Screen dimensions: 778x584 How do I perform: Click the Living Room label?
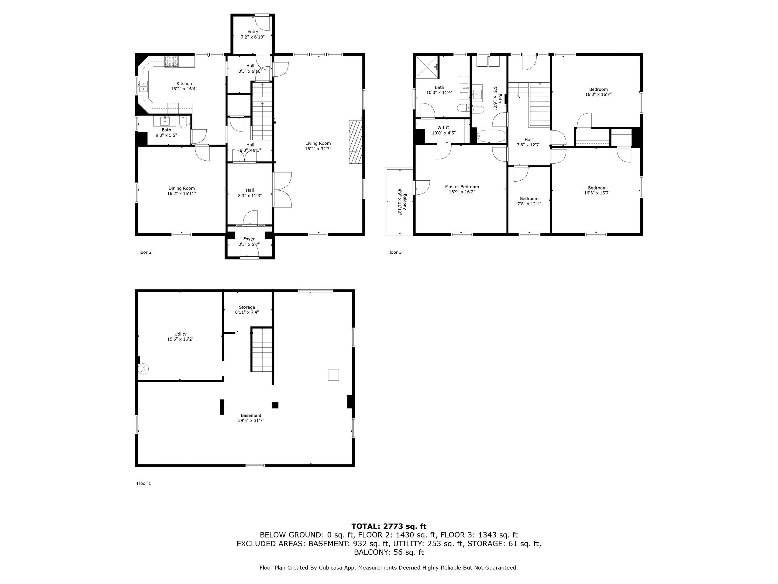click(318, 143)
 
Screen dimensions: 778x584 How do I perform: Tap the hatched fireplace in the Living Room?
click(356, 142)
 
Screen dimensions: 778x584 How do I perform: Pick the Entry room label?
click(253, 32)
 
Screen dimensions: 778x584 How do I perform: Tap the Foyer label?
click(249, 239)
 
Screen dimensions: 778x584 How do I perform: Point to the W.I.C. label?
click(443, 128)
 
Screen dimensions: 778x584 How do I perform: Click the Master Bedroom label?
click(462, 187)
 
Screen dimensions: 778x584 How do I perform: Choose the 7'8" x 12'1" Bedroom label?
click(529, 199)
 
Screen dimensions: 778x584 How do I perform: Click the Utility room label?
click(181, 334)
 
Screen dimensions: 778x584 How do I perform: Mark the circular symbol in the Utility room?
click(143, 369)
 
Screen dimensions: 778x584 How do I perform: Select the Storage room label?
click(247, 307)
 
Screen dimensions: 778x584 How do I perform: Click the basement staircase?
click(262, 349)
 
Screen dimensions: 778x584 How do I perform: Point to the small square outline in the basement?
click(333, 375)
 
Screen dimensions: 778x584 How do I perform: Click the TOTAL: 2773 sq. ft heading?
click(389, 526)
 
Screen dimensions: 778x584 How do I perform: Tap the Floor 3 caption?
click(394, 252)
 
